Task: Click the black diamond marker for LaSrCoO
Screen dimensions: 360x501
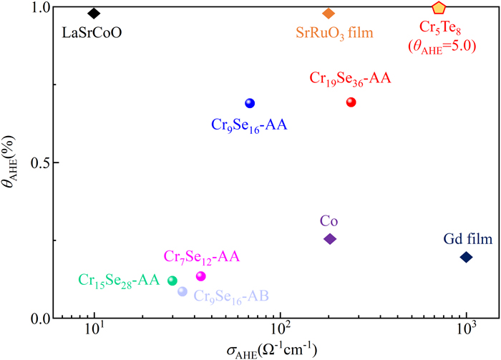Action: click(94, 14)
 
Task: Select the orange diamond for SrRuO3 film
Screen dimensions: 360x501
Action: click(329, 14)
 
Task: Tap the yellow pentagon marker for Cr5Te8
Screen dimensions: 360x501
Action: click(439, 8)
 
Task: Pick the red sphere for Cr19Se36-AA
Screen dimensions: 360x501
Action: click(351, 102)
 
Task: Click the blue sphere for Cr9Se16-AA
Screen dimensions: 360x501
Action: click(249, 103)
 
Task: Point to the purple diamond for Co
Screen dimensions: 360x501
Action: click(330, 238)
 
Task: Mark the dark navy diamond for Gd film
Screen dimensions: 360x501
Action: click(466, 257)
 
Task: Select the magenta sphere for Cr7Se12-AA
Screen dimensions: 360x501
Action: click(200, 276)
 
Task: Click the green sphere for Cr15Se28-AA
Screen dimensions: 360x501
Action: click(172, 281)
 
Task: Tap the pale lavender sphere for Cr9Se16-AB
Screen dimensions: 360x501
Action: click(183, 291)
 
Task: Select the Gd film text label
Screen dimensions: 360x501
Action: click(468, 238)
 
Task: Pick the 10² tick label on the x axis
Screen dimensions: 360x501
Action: click(281, 334)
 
